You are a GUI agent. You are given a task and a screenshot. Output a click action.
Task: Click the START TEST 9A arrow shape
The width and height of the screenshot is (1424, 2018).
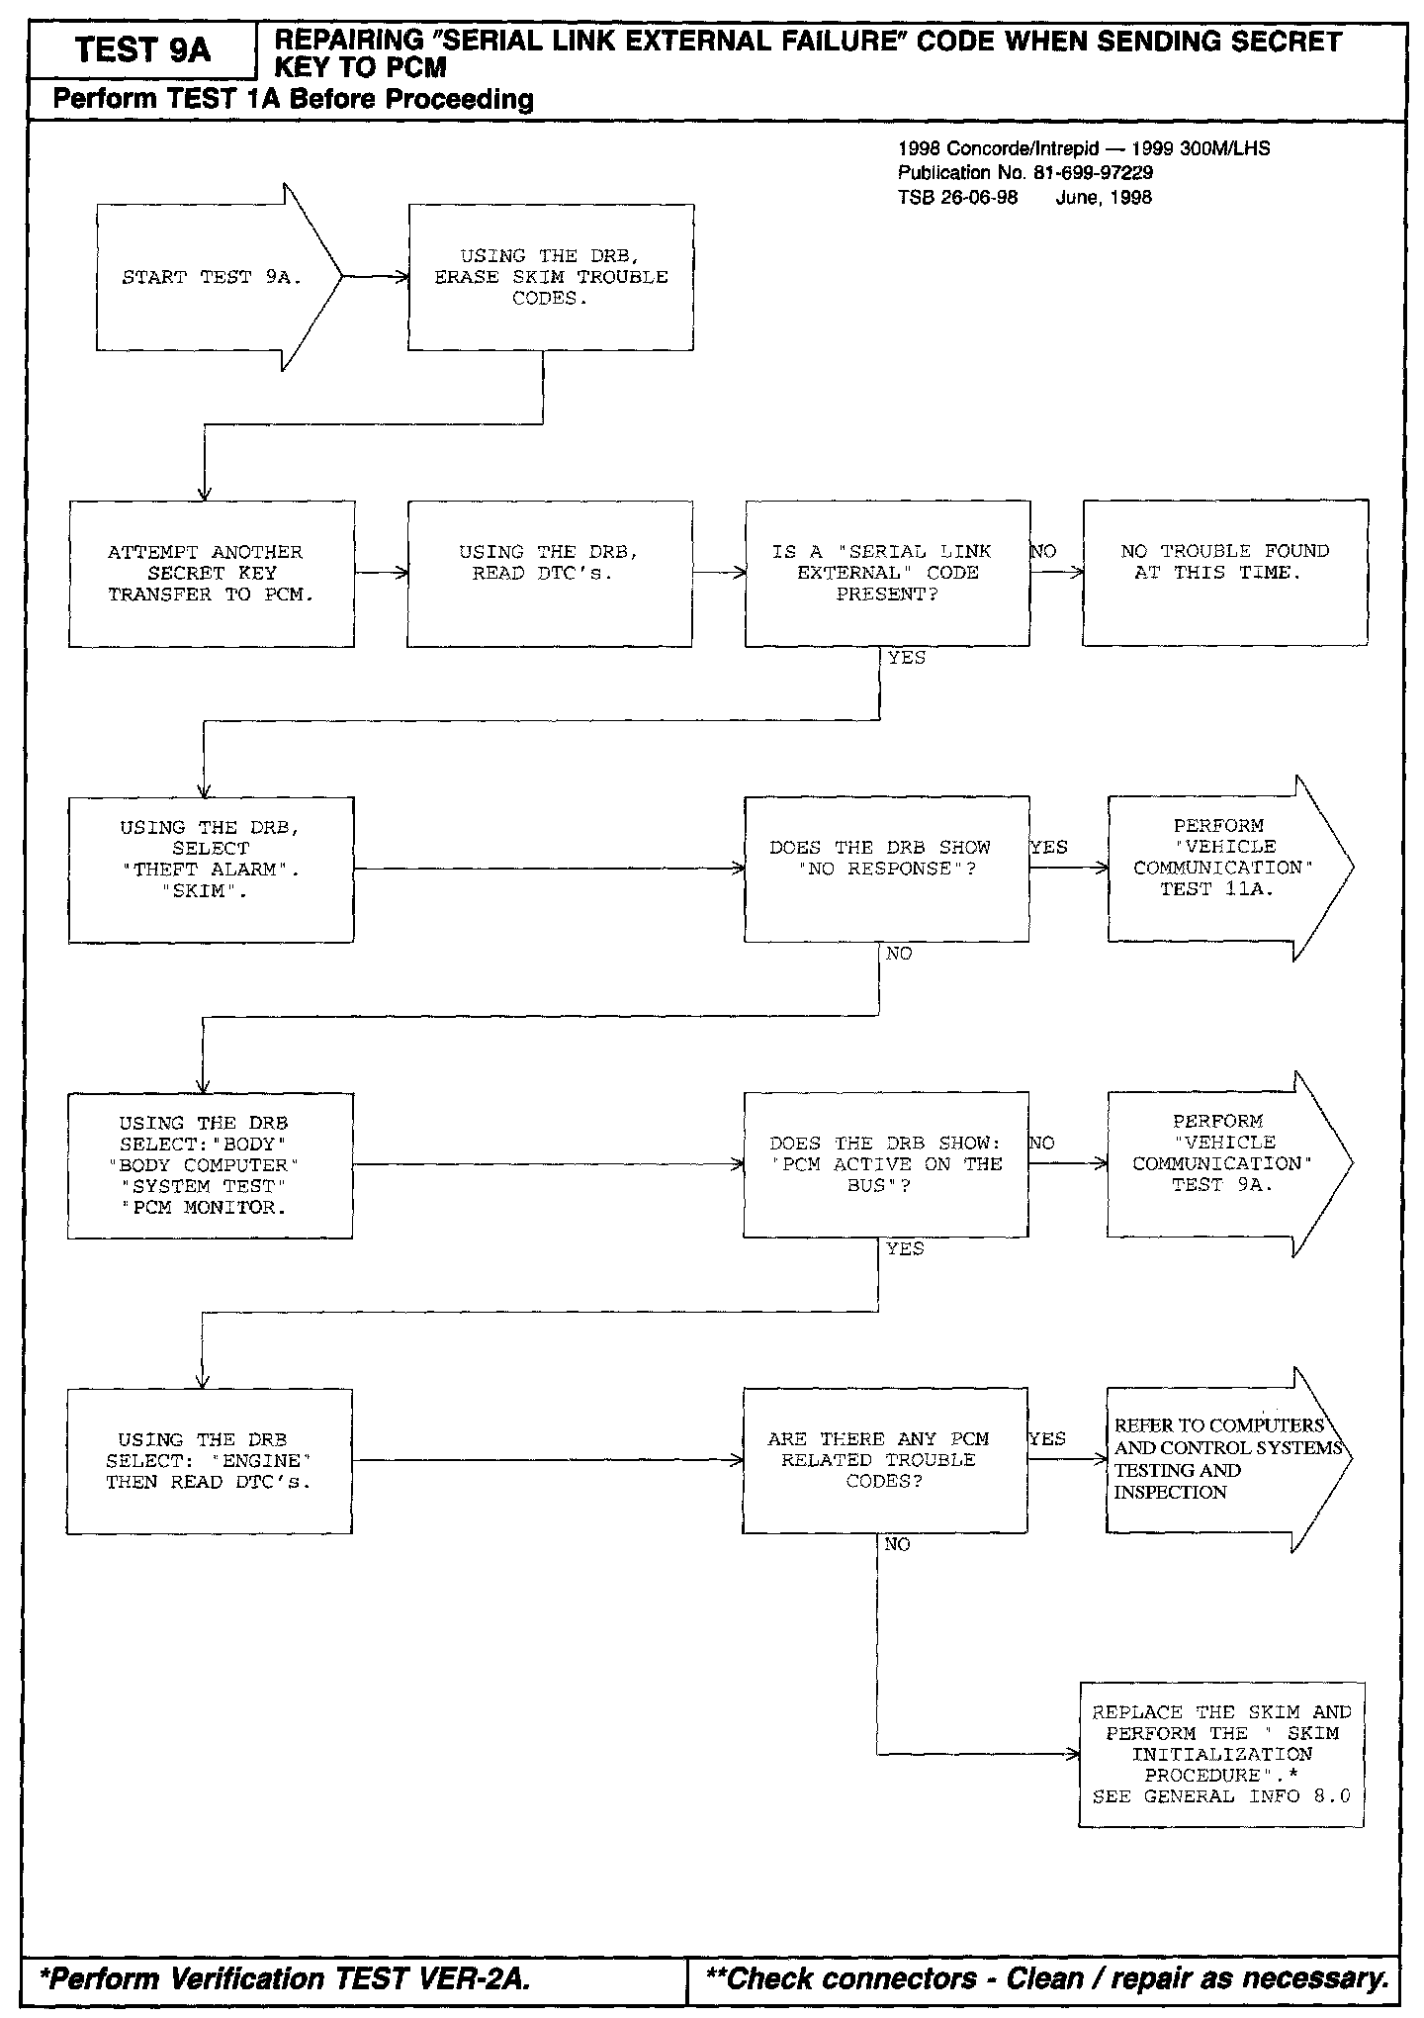coord(213,277)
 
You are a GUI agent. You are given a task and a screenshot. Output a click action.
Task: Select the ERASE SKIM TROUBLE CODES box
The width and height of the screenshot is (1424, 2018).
coord(551,277)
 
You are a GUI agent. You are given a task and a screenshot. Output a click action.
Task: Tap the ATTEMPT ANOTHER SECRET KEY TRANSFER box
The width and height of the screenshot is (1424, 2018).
coord(211,574)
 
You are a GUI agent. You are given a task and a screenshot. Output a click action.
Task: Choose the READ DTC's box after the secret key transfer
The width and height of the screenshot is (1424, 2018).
coord(550,574)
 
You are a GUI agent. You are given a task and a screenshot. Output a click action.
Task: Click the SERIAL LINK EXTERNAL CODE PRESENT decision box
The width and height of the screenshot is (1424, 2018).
coord(887,574)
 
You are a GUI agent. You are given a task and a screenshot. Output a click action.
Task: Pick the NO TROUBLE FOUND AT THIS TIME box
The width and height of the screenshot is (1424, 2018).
coord(1225,573)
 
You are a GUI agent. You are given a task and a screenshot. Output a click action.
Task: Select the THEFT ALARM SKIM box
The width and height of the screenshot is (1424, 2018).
coord(211,870)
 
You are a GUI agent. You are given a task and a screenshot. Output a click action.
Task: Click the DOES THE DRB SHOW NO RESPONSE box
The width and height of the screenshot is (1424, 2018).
coord(886,869)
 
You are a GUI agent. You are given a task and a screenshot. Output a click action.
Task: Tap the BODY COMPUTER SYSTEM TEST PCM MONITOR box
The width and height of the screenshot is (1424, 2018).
coord(210,1165)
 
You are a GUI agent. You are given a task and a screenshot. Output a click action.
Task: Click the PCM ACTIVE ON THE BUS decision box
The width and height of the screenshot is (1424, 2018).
coord(886,1164)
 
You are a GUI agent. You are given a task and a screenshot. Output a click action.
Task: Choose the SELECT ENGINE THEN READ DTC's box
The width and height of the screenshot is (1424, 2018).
coord(210,1461)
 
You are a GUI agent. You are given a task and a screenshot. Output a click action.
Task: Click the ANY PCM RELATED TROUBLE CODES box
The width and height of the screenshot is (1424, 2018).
coord(885,1460)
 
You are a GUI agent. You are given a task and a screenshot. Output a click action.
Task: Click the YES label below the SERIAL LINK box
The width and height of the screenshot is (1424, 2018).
coord(907,658)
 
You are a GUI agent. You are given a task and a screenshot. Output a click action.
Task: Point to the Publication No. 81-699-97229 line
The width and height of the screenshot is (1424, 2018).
coord(1024,173)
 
